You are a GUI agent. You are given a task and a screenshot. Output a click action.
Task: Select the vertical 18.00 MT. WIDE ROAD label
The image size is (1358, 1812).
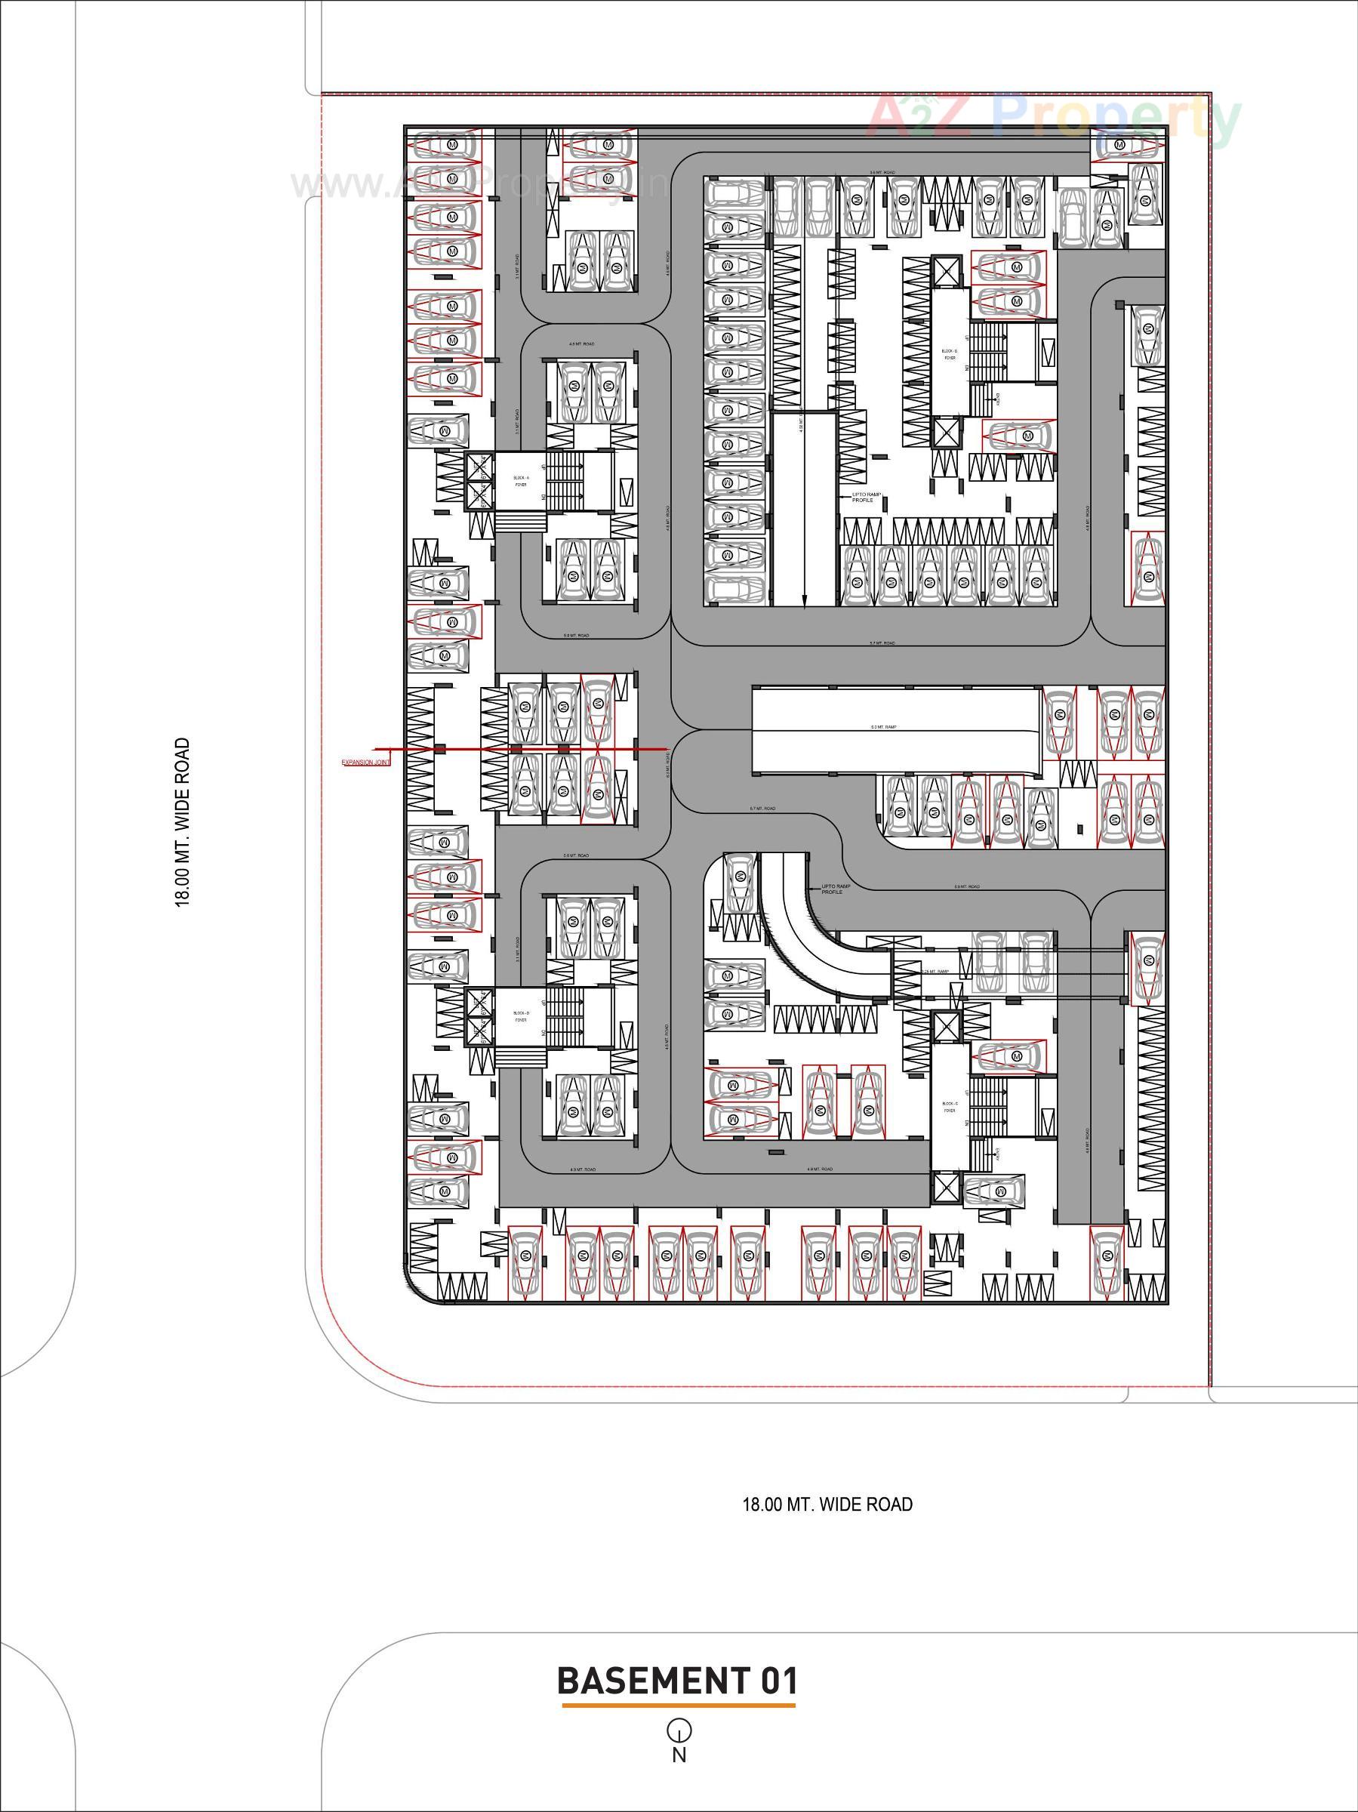click(182, 821)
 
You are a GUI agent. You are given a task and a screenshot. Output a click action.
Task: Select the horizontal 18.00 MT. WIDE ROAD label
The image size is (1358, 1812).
click(827, 1505)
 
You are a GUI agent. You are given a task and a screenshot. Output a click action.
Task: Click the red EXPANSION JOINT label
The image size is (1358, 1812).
click(366, 763)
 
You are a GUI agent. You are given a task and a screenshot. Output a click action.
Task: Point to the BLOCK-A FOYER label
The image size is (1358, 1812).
click(521, 481)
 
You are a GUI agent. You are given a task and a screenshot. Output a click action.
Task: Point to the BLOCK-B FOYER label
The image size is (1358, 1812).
click(950, 354)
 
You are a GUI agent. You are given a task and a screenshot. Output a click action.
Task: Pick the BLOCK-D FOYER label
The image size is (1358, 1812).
click(521, 1016)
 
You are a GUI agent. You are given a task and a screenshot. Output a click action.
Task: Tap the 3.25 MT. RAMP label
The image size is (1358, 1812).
click(935, 972)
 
